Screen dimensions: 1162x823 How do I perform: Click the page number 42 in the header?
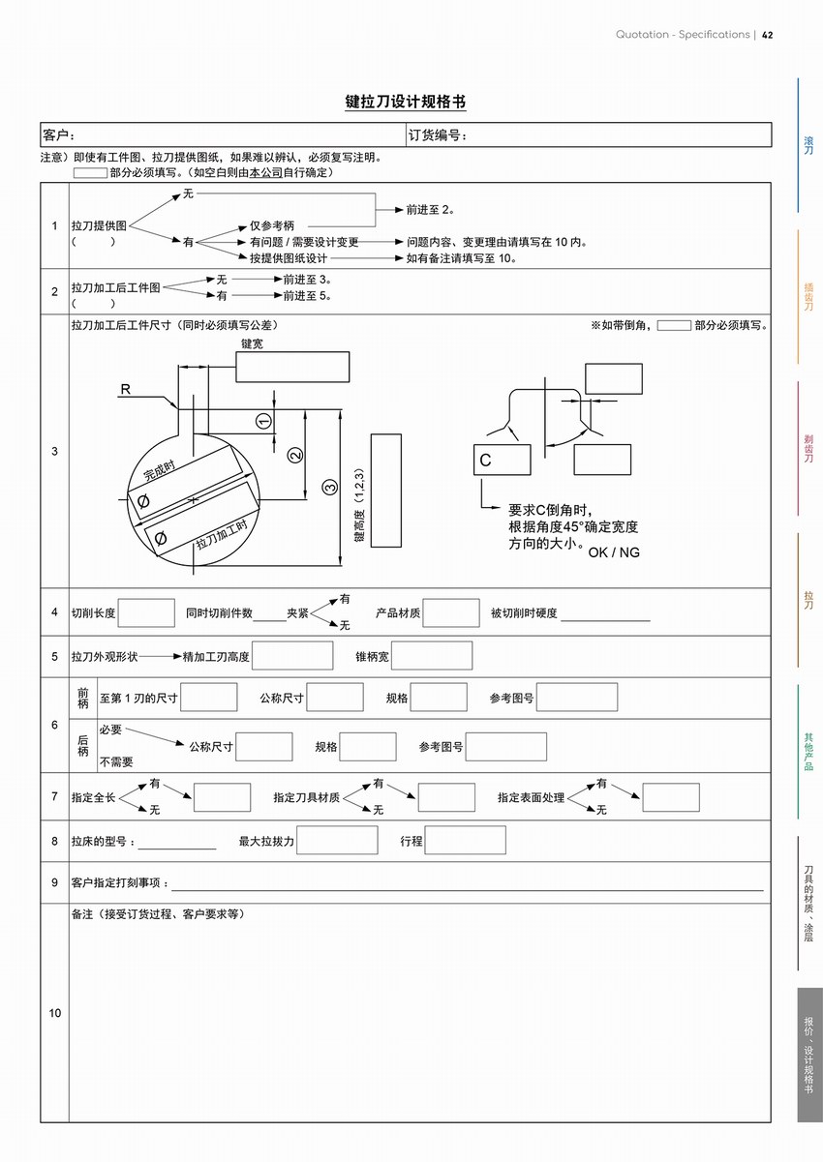[767, 35]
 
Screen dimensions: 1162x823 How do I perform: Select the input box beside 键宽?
[292, 367]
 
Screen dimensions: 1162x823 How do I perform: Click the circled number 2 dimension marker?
[296, 454]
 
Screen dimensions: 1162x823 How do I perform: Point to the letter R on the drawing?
[125, 389]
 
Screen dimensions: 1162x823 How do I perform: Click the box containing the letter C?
[502, 460]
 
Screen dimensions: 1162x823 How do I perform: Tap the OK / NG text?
[614, 552]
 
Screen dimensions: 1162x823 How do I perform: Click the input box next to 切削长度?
[146, 612]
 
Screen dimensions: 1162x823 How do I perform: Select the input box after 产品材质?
[451, 612]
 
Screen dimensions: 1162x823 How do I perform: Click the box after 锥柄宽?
[432, 656]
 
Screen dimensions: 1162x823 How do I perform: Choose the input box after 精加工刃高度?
[292, 656]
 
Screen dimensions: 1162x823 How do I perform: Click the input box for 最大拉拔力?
[338, 840]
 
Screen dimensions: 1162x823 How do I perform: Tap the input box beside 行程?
[465, 840]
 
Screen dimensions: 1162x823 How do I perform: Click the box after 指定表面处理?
[670, 797]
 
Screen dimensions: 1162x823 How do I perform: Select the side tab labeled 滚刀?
[808, 145]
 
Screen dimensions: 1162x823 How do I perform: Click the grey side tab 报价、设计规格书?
[809, 1055]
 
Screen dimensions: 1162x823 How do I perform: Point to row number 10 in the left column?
[54, 1013]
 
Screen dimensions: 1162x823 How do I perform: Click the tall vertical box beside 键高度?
[385, 490]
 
